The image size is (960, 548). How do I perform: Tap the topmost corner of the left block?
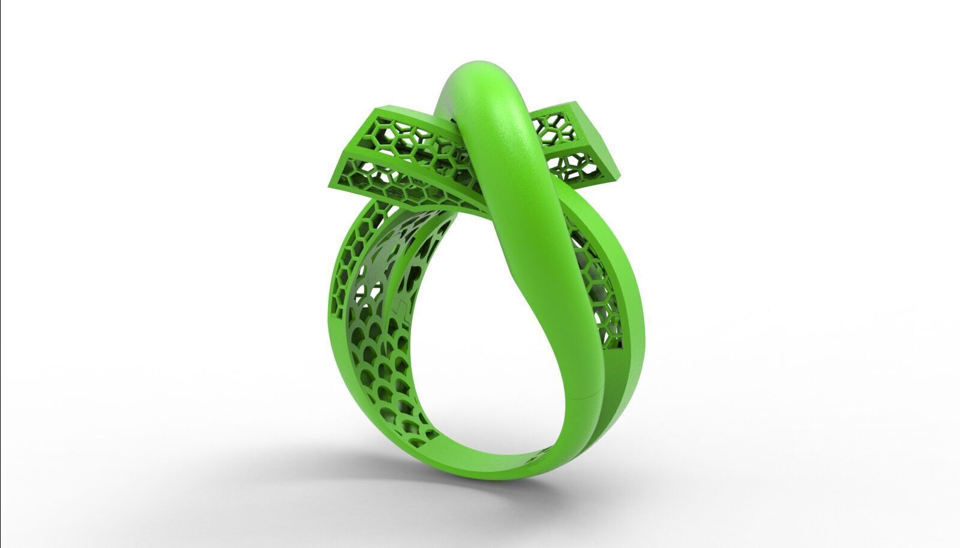click(375, 110)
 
